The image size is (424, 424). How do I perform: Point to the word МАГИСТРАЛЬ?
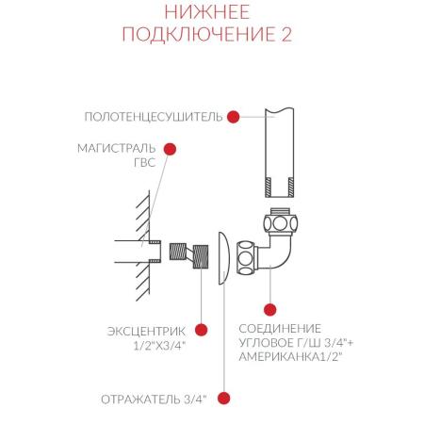(x=111, y=149)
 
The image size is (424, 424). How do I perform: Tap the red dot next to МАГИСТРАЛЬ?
(x=171, y=149)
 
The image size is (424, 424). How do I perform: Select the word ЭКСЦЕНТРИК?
(x=143, y=331)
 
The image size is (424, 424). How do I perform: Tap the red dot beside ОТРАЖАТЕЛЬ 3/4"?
(x=224, y=399)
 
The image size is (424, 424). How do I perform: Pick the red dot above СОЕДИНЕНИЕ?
(x=270, y=307)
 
